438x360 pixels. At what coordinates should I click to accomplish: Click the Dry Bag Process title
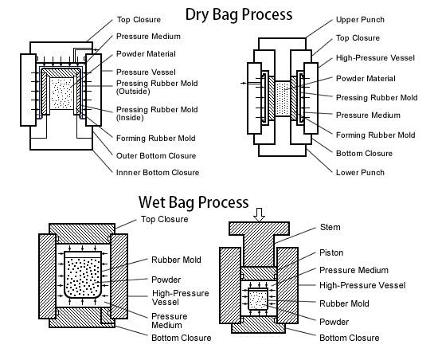coord(239,14)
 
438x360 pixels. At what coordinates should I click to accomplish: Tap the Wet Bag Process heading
coord(194,202)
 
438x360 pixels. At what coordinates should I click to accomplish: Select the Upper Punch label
coord(360,20)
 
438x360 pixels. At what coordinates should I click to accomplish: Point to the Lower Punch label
coord(360,172)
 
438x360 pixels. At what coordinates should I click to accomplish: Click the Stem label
coord(330,227)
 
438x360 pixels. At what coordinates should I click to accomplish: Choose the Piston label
coord(331,252)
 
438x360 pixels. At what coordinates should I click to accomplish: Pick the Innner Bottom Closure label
coord(158,172)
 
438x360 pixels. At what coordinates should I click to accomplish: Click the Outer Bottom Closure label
coord(156,155)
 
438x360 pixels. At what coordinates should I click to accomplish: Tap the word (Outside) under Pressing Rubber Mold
coord(133,92)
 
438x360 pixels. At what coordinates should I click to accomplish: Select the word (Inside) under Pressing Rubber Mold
coord(130,118)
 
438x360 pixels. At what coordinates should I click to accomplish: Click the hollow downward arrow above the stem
coord(259,214)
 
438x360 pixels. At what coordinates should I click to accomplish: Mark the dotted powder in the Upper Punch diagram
coord(283,99)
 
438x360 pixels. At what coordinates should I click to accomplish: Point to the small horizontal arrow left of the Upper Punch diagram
coord(244,83)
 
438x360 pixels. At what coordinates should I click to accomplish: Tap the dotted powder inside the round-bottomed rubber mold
coord(83,277)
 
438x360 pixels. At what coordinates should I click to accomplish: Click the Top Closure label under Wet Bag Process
coord(164,219)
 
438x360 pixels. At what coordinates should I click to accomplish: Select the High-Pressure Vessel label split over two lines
coord(181,298)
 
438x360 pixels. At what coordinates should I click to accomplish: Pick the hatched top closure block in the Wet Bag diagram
coord(82,233)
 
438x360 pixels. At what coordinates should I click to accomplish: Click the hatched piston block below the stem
coord(259,273)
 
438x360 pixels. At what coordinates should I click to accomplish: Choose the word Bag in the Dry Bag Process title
coord(225,14)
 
